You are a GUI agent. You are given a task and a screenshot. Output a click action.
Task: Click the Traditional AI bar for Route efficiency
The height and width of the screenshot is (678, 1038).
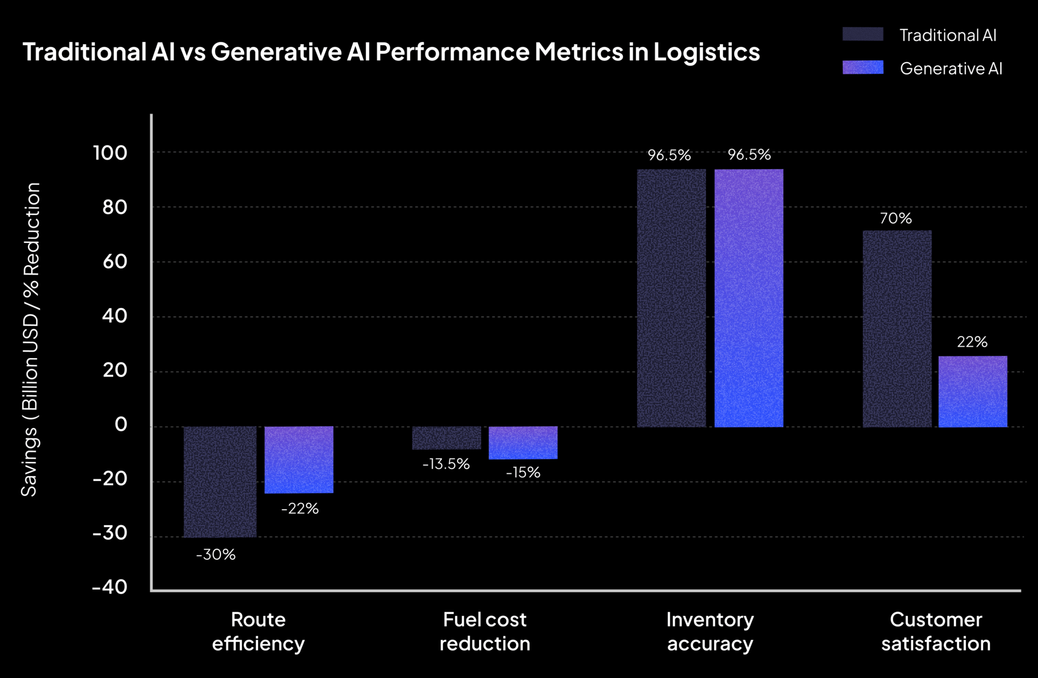pyautogui.click(x=220, y=482)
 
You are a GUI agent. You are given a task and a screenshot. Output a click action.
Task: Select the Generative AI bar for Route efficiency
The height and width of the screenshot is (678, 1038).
pyautogui.click(x=299, y=459)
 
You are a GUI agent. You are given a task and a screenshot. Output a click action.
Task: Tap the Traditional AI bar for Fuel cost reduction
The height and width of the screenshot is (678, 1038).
pyautogui.click(x=447, y=437)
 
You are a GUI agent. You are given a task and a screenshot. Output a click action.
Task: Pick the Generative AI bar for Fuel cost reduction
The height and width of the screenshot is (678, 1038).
pyautogui.click(x=523, y=443)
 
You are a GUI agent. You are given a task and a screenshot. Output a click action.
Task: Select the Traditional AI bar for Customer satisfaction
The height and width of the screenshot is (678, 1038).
pyautogui.click(x=897, y=329)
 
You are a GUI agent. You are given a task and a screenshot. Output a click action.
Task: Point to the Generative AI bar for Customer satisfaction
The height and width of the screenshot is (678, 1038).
pyautogui.click(x=973, y=391)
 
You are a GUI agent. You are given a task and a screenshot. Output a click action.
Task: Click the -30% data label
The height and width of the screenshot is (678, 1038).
pyautogui.click(x=216, y=554)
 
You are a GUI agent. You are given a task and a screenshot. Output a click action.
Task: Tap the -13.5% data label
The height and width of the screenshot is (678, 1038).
pyautogui.click(x=446, y=464)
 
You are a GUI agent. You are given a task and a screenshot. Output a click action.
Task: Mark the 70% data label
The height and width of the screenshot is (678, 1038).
pyautogui.click(x=896, y=218)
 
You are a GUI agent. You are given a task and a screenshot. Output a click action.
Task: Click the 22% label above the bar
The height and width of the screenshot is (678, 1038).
pyautogui.click(x=972, y=342)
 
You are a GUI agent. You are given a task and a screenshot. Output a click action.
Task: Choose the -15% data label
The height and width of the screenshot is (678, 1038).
pyautogui.click(x=523, y=472)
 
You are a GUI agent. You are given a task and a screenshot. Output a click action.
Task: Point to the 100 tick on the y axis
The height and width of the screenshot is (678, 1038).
pyautogui.click(x=110, y=152)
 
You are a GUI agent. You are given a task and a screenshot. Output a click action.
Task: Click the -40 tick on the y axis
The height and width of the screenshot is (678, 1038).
pyautogui.click(x=109, y=587)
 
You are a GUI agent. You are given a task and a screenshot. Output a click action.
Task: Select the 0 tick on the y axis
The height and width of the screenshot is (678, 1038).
pyautogui.click(x=121, y=424)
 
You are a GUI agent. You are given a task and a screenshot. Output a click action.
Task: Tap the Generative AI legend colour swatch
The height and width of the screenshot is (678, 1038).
pyautogui.click(x=863, y=68)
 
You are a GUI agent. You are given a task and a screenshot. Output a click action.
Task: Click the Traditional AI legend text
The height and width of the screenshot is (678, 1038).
pyautogui.click(x=947, y=35)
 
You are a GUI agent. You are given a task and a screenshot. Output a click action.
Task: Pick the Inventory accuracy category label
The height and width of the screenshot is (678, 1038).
pyautogui.click(x=710, y=631)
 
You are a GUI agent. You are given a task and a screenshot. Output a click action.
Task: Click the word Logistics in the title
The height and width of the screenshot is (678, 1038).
pyautogui.click(x=706, y=52)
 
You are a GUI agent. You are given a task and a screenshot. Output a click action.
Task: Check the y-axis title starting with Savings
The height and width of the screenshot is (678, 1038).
pyautogui.click(x=30, y=339)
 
